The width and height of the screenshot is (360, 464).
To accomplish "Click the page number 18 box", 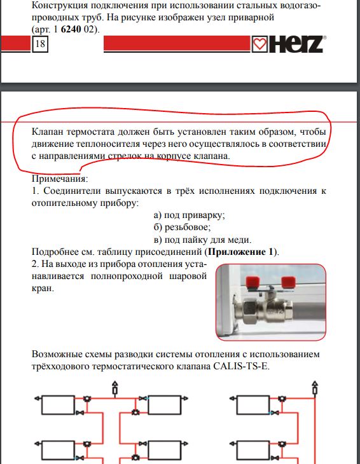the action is coord(40,44).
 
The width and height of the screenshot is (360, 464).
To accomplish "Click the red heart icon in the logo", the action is coord(260,44).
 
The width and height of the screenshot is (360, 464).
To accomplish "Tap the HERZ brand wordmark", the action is coord(296,44).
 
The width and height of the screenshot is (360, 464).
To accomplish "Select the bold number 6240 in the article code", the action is coord(71,30).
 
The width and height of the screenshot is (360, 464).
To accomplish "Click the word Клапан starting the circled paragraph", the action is coord(47,132).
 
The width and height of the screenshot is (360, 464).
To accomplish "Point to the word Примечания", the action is coord(60,179).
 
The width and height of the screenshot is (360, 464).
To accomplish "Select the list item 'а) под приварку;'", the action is coord(189,215).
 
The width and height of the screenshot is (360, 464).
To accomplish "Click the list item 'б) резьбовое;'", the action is coord(182,228).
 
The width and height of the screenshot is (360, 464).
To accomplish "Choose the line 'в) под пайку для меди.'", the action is coord(202,240).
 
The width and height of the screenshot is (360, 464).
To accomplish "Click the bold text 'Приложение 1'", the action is coord(240,252).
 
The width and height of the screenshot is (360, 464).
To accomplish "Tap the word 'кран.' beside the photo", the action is coord(43,288).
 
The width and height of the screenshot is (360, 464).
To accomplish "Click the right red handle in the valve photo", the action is coord(288,282).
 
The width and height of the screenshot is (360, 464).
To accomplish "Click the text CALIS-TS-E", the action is coord(241,366).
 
